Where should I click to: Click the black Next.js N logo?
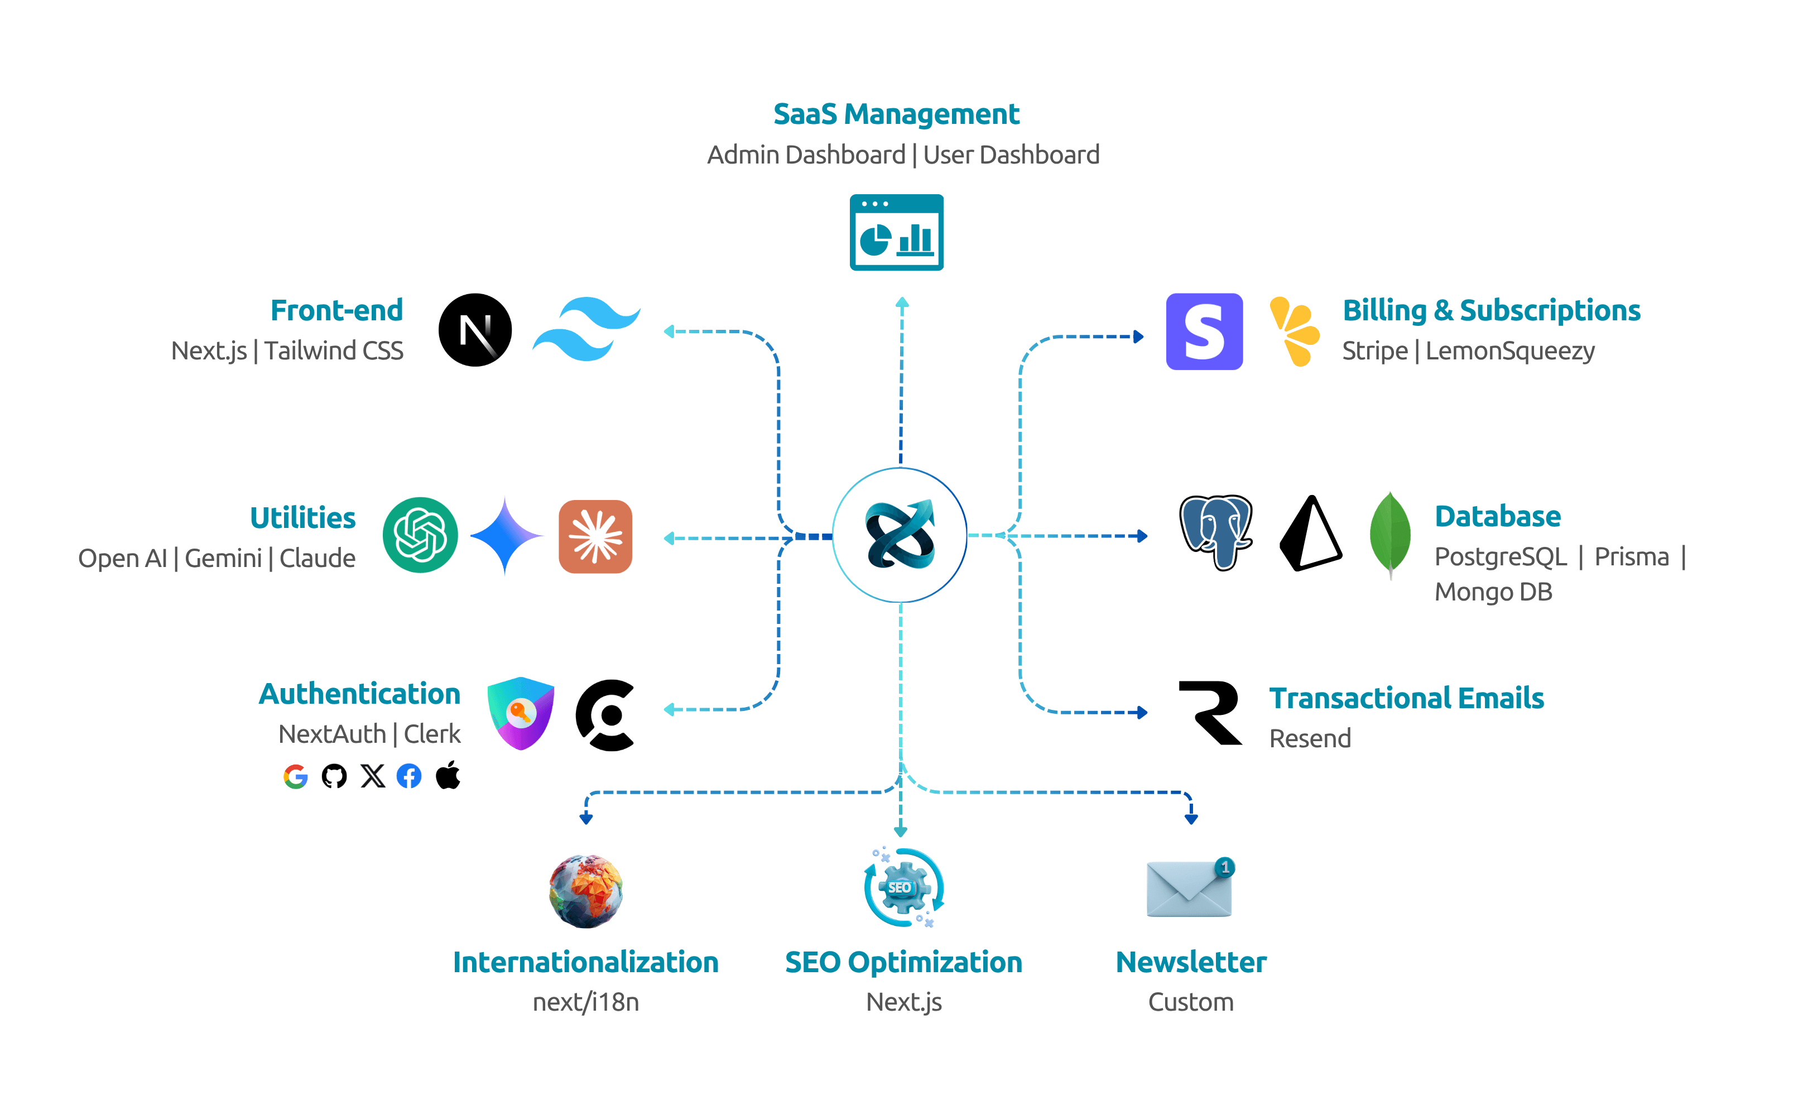(x=475, y=330)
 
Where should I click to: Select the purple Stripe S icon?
(x=1204, y=331)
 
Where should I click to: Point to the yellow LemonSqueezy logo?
(x=1295, y=331)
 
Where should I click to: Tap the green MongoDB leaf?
(x=1389, y=534)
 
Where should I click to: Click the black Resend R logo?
(x=1211, y=713)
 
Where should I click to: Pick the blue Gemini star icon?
(x=506, y=536)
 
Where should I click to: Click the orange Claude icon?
(x=595, y=536)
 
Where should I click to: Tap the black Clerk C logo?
(x=605, y=715)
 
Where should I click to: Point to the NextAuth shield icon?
(x=520, y=713)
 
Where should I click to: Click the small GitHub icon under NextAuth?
(x=334, y=776)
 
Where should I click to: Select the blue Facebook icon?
(x=408, y=776)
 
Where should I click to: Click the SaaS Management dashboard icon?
(x=896, y=233)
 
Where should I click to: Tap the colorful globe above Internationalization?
(x=585, y=891)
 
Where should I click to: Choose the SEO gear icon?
(x=902, y=888)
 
